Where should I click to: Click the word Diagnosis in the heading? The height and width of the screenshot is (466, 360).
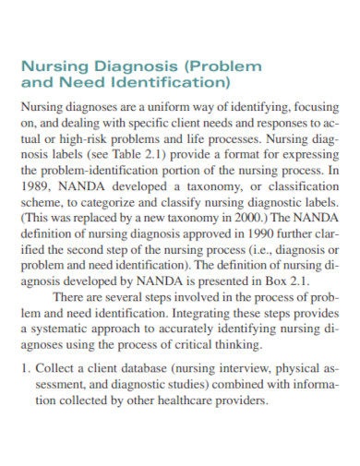coord(141,67)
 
